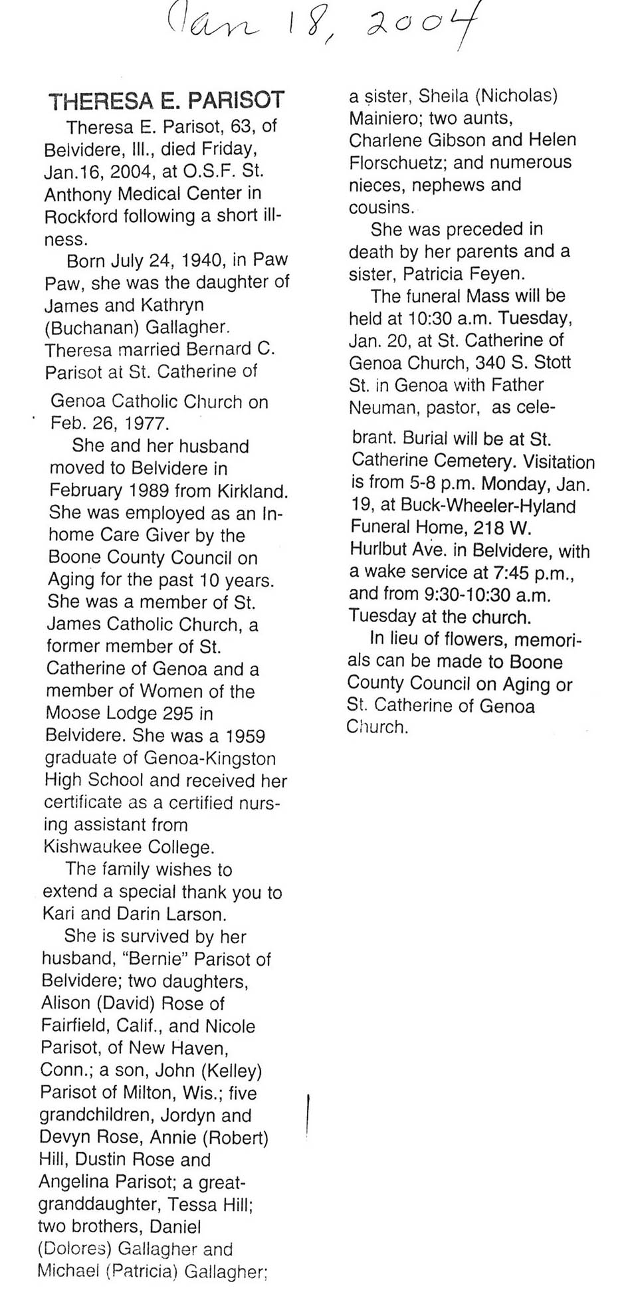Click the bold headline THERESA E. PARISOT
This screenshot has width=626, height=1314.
pos(167,101)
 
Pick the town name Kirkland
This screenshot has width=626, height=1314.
pos(253,491)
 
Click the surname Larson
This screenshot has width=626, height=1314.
pos(193,914)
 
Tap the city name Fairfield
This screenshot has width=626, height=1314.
pos(76,1026)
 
